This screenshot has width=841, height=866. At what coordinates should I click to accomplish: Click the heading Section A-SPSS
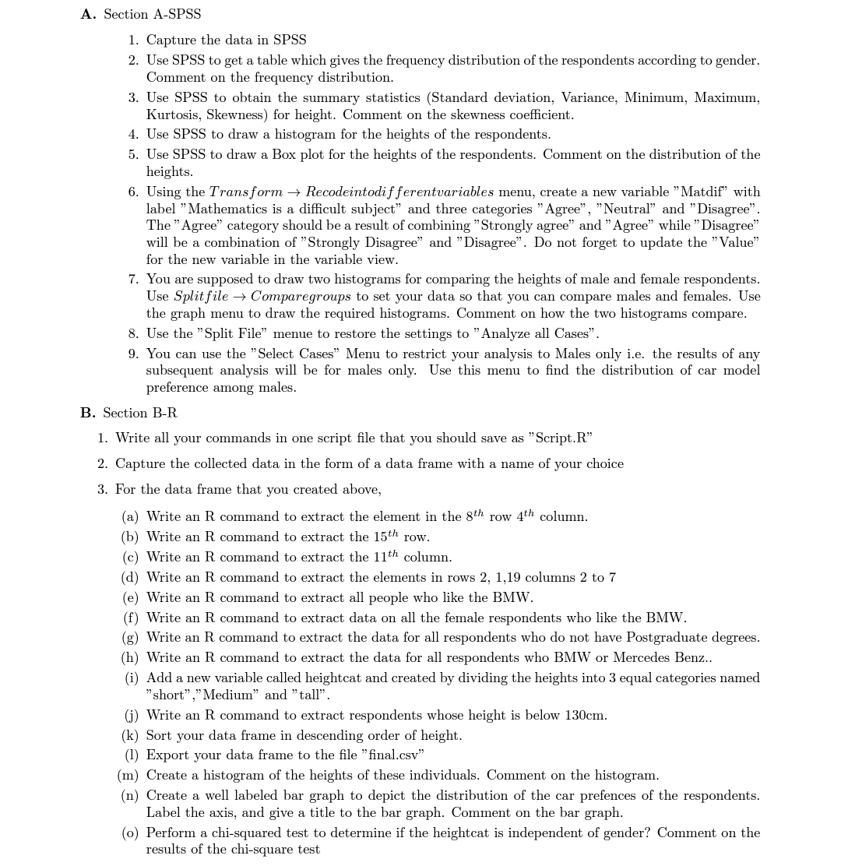[152, 14]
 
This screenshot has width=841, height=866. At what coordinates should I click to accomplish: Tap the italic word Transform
[246, 192]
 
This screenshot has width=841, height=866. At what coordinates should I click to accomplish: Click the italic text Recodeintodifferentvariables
[399, 192]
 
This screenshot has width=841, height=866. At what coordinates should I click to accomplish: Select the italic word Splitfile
[201, 297]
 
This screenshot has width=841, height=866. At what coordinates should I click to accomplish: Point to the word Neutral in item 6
[626, 209]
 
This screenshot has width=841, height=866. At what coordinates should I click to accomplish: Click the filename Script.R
[561, 438]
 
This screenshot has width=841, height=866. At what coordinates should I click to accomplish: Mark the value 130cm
[579, 715]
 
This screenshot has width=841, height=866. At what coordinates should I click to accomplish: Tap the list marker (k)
[130, 735]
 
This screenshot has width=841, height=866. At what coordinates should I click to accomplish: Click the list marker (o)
[130, 833]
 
